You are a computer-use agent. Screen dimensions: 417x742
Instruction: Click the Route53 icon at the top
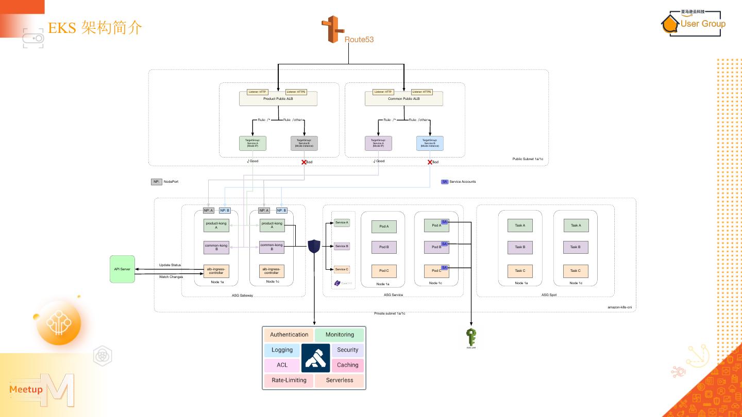click(332, 29)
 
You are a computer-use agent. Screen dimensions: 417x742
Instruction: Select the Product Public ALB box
click(278, 99)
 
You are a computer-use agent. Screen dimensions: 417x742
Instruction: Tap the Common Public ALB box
click(403, 99)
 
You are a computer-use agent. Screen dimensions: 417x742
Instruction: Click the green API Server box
click(122, 269)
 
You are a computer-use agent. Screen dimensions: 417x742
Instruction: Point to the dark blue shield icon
click(314, 247)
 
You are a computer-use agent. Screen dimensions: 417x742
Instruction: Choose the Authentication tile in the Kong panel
click(289, 335)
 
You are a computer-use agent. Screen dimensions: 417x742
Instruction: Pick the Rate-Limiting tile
click(289, 380)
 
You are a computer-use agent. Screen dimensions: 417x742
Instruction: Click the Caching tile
click(348, 365)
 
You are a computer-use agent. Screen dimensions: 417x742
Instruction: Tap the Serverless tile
click(340, 380)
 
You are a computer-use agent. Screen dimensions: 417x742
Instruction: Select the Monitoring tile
click(340, 335)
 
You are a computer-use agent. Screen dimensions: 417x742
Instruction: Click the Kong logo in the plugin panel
click(315, 358)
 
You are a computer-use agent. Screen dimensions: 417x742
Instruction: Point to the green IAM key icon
click(470, 338)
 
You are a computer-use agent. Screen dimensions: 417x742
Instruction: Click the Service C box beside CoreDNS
click(342, 269)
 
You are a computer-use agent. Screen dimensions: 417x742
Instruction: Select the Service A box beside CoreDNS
click(342, 222)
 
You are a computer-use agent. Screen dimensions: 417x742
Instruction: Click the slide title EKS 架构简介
click(95, 28)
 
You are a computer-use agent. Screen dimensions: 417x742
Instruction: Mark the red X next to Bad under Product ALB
click(304, 162)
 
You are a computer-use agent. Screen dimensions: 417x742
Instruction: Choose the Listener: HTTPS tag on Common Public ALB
click(421, 92)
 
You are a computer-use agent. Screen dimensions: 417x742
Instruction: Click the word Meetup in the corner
click(26, 390)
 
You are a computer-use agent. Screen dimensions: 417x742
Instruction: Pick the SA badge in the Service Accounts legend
click(445, 182)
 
